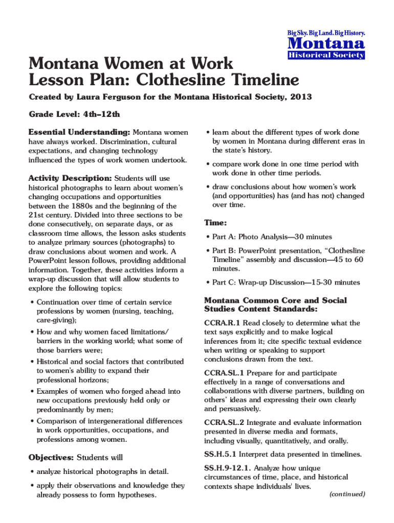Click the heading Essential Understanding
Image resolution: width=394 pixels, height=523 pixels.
[x=79, y=132]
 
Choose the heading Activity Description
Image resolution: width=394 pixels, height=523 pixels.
[x=70, y=178]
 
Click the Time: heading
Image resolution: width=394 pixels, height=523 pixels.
[x=215, y=223]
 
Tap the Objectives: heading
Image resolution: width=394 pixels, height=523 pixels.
[x=51, y=457]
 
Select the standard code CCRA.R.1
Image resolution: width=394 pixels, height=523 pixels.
[x=222, y=323]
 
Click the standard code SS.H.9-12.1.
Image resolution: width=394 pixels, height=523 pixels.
[x=227, y=468]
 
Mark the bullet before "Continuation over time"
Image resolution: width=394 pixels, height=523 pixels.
[x=32, y=302]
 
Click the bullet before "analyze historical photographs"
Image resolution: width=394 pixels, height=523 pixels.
[x=32, y=471]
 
